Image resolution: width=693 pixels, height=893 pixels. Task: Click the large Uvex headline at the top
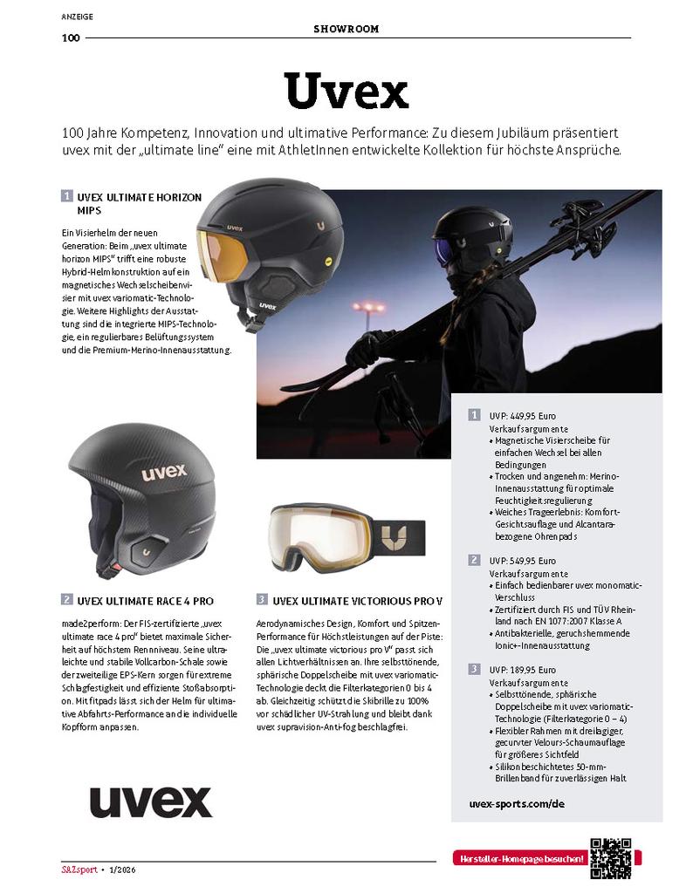346,90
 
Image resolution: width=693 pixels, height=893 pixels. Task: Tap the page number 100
71,38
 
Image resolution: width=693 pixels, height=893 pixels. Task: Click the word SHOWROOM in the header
346,29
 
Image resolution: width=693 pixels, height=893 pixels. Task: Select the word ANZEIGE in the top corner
78,16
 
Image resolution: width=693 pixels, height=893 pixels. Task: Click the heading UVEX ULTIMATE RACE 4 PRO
146,601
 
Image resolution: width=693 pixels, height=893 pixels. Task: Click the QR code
610,858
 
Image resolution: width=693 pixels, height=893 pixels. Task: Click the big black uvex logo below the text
151,801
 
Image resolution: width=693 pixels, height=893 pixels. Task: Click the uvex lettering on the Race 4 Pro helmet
164,472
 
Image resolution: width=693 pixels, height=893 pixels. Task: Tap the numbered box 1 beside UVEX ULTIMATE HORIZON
66,197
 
